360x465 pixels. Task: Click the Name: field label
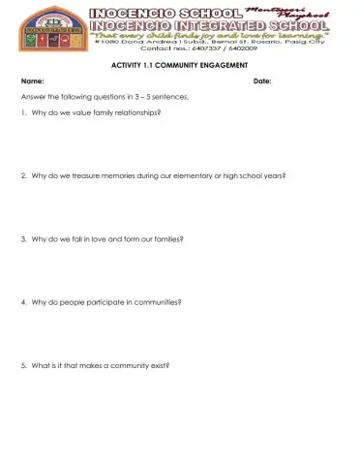tap(32, 81)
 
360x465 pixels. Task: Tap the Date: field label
tap(261, 81)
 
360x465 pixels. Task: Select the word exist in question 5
tap(160, 365)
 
